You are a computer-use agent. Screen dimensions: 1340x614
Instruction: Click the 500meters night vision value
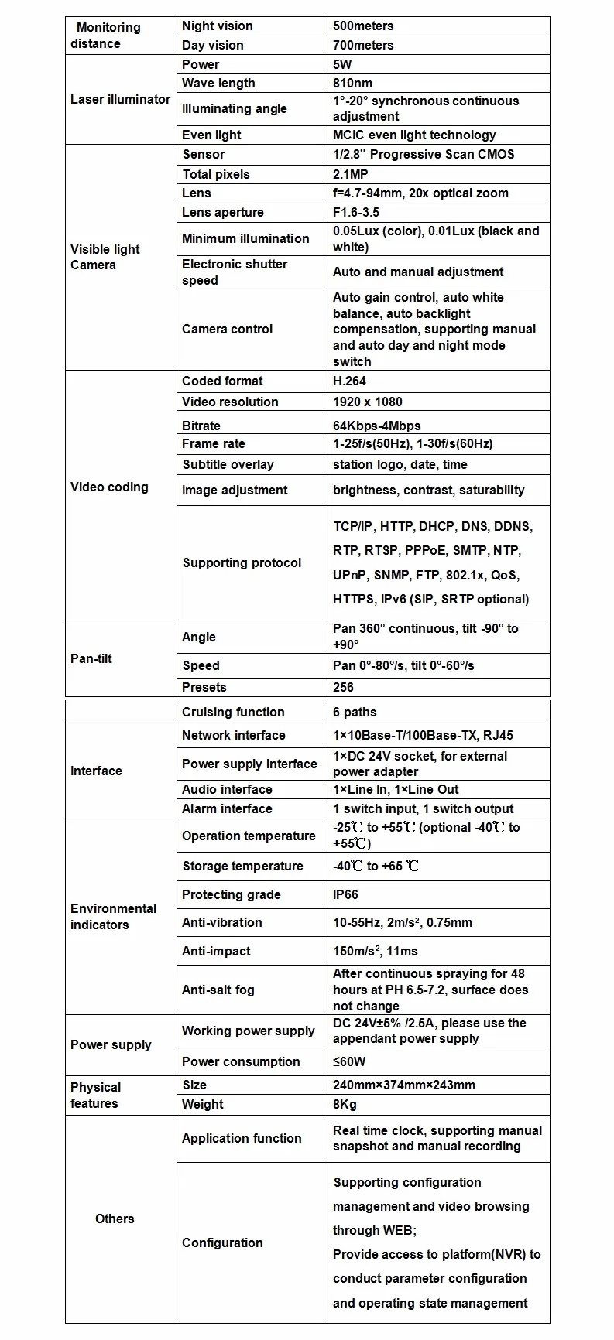(363, 26)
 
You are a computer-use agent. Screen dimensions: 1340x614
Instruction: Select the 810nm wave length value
(352, 84)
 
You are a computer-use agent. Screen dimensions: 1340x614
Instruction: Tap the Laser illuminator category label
(120, 99)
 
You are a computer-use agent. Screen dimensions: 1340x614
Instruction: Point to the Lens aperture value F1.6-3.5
(356, 213)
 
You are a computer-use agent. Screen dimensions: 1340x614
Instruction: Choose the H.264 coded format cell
(349, 381)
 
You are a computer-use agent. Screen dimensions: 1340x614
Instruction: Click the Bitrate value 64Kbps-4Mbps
(376, 426)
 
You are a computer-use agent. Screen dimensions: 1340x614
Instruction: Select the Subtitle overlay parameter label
(228, 465)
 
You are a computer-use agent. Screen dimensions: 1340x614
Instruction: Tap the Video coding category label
(109, 487)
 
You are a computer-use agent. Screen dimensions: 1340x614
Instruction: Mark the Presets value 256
(343, 688)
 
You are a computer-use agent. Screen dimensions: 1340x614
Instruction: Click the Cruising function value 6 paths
(355, 713)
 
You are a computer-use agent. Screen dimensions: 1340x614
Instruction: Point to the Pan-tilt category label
(91, 659)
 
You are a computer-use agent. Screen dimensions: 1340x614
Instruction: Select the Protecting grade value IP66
(345, 895)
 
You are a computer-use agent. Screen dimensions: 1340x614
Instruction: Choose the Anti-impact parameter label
(216, 952)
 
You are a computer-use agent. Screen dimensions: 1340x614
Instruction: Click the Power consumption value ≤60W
(349, 1062)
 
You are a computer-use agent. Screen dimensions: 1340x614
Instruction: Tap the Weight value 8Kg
(345, 1105)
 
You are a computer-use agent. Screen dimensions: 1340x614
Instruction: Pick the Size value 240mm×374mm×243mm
(403, 1085)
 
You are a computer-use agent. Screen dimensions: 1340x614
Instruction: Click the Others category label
(115, 1219)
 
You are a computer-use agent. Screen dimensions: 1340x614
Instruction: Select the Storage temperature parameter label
(242, 867)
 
